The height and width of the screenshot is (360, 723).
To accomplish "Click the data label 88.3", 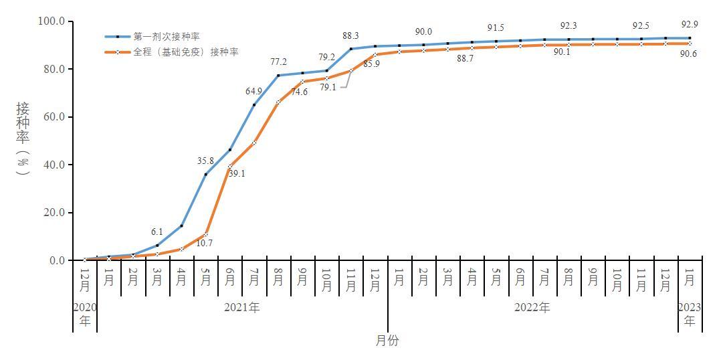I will (x=351, y=36).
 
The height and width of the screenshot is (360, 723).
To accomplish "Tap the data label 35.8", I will (x=205, y=161).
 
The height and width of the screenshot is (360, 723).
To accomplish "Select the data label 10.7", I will (x=205, y=243).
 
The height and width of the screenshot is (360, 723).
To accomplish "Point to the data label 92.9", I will (x=689, y=24).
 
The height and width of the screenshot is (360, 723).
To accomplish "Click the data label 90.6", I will (x=689, y=54).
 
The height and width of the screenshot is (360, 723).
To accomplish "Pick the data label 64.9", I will (x=254, y=91).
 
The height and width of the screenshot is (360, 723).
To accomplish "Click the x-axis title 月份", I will (x=387, y=341).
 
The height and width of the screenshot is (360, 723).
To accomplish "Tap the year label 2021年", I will (x=242, y=308).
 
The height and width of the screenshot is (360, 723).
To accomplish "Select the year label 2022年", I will (x=532, y=308).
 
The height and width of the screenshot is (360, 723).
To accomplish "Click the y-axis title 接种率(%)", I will (x=23, y=139).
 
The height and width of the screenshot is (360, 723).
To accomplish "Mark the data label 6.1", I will (x=157, y=232).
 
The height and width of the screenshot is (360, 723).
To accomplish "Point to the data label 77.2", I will (x=278, y=62).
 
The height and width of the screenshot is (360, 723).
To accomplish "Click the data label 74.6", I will (x=299, y=92).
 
